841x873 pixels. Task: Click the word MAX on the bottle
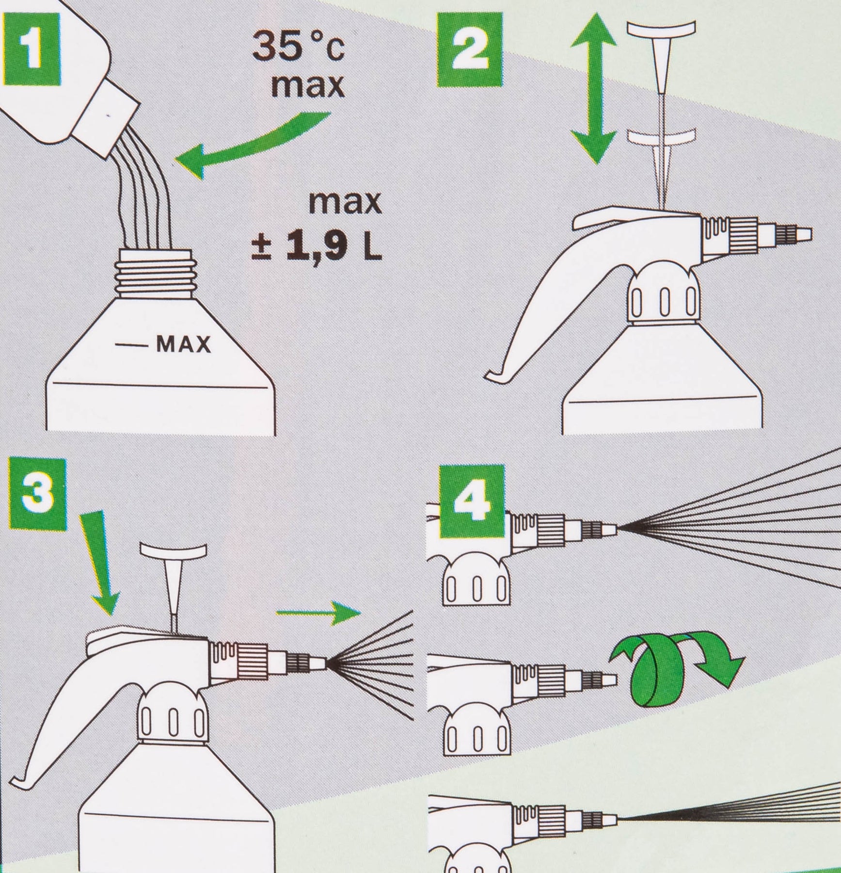(184, 345)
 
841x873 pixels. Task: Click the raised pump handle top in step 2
(661, 31)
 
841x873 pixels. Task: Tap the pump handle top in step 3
(173, 550)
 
